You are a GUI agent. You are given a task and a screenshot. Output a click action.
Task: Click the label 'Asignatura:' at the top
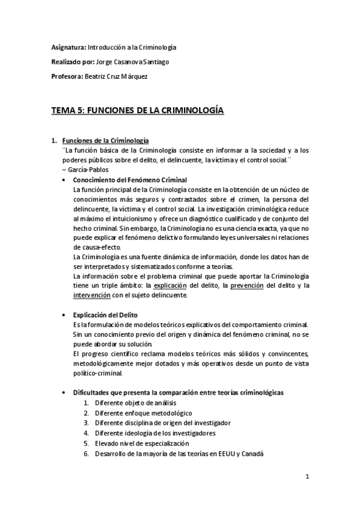68,48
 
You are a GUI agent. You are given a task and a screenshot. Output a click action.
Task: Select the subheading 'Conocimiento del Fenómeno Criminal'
129,180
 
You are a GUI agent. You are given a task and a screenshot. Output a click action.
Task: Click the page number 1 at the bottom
307,478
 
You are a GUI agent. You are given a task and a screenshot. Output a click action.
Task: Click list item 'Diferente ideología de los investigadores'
155,433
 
